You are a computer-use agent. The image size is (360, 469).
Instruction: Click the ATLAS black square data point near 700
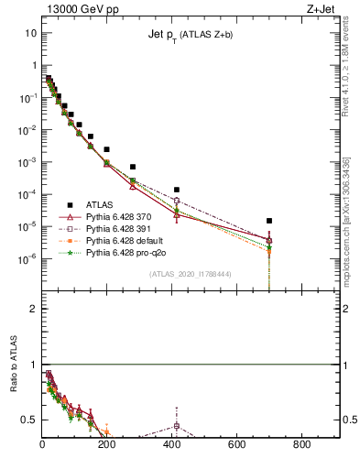pos(268,221)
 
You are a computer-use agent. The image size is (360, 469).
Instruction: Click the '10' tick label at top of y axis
pos(31,33)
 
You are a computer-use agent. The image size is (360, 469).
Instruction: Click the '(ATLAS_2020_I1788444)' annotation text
pos(190,273)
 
